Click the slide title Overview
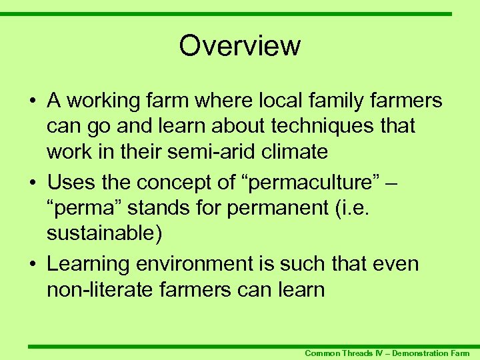click(240, 46)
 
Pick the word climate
click(295, 151)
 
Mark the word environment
click(193, 263)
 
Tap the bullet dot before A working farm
click(32, 101)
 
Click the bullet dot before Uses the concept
click(32, 182)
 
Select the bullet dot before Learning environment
click(32, 264)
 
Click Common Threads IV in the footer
click(343, 353)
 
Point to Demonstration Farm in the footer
click(431, 353)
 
